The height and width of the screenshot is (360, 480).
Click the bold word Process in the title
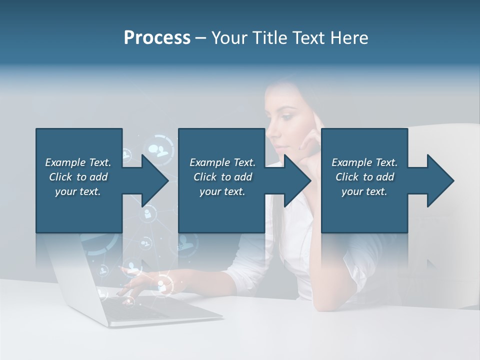pos(157,38)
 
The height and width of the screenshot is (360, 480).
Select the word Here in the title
pos(350,38)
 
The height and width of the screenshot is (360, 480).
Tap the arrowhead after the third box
pos(440,180)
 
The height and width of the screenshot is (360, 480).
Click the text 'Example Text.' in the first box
pos(78,162)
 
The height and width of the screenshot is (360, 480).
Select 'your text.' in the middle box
pos(222,191)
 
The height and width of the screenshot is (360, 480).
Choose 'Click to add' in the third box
pos(364,177)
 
